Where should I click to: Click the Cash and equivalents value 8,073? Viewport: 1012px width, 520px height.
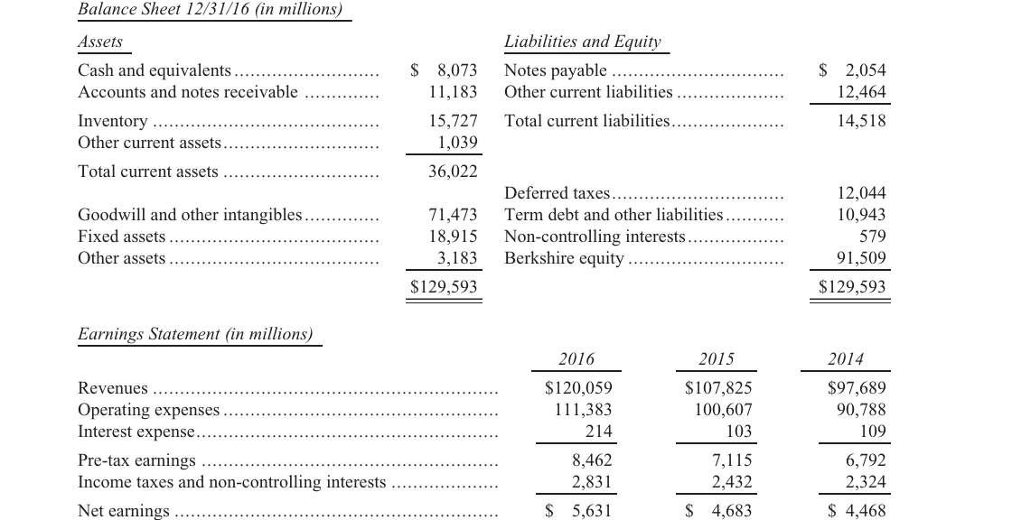click(x=457, y=70)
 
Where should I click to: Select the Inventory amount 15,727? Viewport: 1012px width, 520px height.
click(x=453, y=121)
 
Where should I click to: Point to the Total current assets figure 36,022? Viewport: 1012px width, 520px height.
click(x=453, y=172)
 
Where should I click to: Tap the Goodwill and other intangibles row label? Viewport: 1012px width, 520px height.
click(x=190, y=215)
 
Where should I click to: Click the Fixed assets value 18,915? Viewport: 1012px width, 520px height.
click(x=453, y=237)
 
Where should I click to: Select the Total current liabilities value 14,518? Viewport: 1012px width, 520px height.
click(x=862, y=121)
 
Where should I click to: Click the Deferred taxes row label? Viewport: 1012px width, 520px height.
click(x=557, y=193)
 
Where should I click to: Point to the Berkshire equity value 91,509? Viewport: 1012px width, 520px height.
click(x=862, y=258)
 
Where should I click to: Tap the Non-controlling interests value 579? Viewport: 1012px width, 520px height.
click(x=873, y=237)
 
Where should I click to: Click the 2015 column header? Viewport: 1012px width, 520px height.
click(x=717, y=358)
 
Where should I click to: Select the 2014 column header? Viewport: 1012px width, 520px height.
click(x=846, y=358)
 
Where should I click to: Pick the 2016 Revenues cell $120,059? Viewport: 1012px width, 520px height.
click(x=578, y=387)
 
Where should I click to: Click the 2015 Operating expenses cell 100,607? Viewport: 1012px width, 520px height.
click(x=723, y=410)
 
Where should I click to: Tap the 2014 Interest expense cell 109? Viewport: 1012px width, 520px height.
click(x=873, y=431)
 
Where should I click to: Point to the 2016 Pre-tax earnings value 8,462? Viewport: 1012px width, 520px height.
click(x=592, y=460)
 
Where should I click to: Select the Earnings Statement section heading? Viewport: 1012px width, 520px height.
click(x=195, y=334)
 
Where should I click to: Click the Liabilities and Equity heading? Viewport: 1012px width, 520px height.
click(x=583, y=42)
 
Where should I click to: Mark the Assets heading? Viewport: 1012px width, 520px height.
click(x=100, y=42)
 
